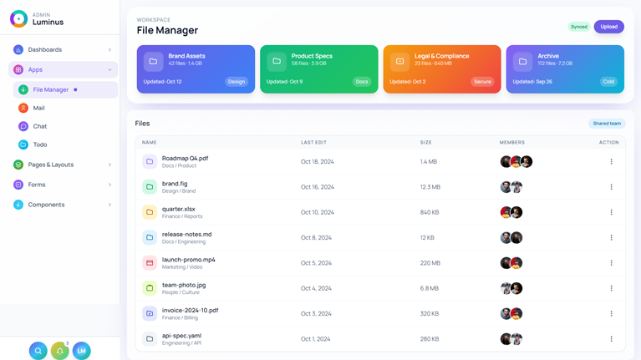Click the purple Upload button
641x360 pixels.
608,27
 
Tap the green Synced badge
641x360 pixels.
578,27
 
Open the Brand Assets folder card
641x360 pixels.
196,68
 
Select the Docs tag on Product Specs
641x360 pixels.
362,82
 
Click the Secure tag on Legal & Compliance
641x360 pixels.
482,82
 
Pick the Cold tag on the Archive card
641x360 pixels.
608,82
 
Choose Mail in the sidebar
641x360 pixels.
38,108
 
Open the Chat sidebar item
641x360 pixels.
39,126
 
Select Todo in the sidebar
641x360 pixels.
39,145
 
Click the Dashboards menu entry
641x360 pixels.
45,50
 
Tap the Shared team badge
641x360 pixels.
607,124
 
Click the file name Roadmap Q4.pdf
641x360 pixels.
185,158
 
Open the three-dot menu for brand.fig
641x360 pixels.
611,187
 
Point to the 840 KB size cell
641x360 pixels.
430,212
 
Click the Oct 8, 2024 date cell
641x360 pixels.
316,238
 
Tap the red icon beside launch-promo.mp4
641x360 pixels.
150,263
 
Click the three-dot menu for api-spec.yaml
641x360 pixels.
611,339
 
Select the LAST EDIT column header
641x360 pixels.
313,143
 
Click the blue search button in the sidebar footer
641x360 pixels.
38,351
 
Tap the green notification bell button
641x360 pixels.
59,351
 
